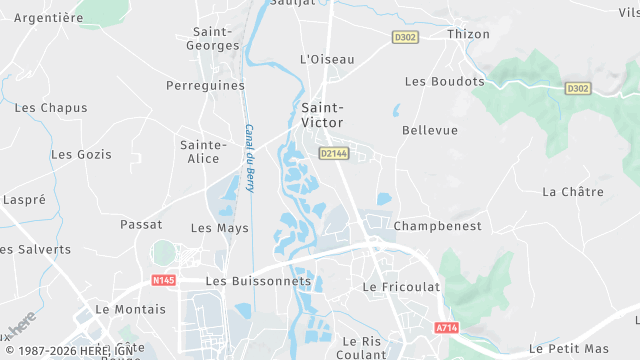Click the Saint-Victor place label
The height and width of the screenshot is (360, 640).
[323, 115]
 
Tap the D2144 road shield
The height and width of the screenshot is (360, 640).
[333, 153]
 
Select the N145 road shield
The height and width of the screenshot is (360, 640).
[164, 280]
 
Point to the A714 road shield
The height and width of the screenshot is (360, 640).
[446, 327]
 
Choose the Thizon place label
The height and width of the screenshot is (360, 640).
[469, 34]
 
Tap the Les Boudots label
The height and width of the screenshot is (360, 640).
[444, 82]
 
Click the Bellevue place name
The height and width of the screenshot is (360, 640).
[429, 131]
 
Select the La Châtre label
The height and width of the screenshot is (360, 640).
[567, 191]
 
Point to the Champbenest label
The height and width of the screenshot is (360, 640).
[437, 226]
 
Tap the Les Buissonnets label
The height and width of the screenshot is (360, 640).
[258, 282]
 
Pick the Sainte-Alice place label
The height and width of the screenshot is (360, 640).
[200, 152]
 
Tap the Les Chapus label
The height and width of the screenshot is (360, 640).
[51, 108]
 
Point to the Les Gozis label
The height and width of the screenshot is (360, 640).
[81, 155]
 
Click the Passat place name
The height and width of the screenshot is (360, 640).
[141, 224]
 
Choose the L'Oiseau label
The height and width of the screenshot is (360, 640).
[327, 59]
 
